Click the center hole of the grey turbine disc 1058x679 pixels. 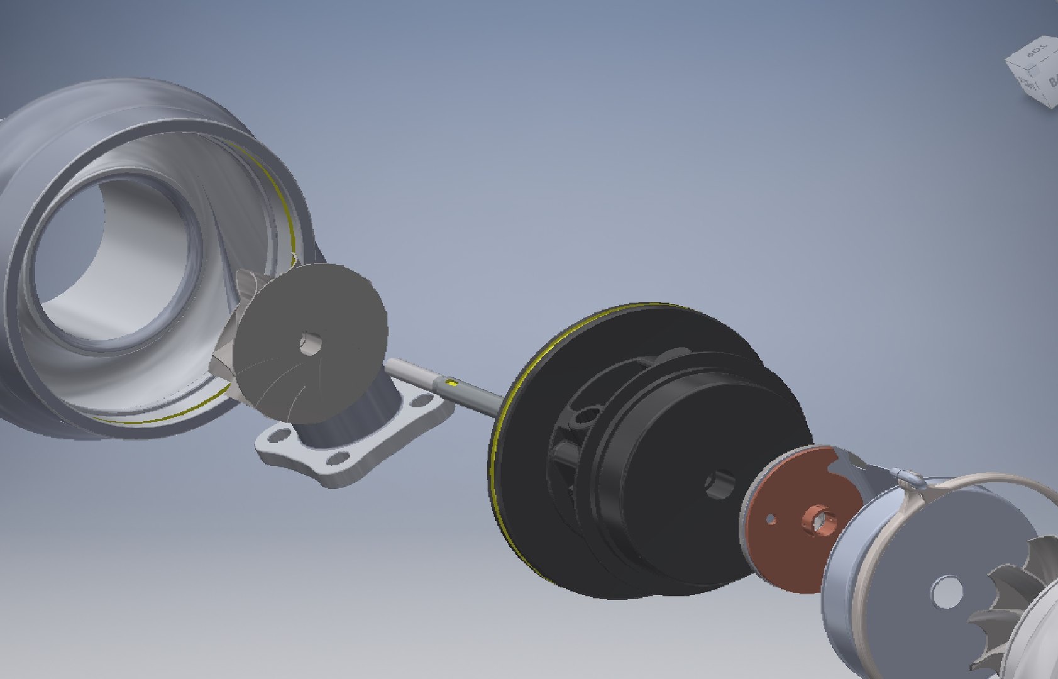tap(310, 343)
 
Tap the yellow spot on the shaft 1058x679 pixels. tap(450, 382)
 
